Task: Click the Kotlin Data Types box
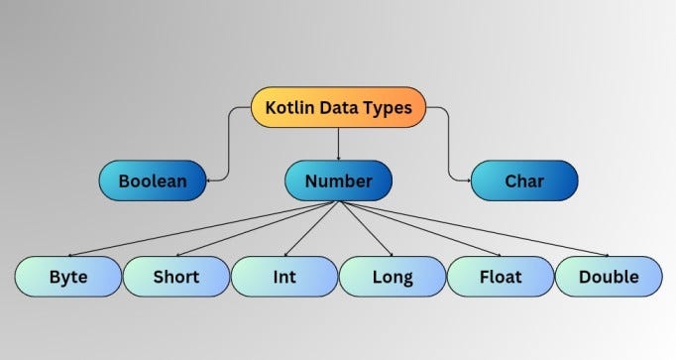(338, 107)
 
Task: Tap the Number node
(338, 181)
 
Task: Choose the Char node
(524, 181)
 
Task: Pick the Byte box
(67, 276)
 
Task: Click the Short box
(175, 276)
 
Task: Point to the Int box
(283, 276)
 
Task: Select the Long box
(392, 276)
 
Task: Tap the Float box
(500, 276)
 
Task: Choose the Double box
(608, 276)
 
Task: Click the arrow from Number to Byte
(198, 229)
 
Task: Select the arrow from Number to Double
(476, 229)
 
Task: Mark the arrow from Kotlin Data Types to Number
(338, 144)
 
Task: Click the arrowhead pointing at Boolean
(211, 180)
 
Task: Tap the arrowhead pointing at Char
(465, 180)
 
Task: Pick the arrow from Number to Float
(421, 229)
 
